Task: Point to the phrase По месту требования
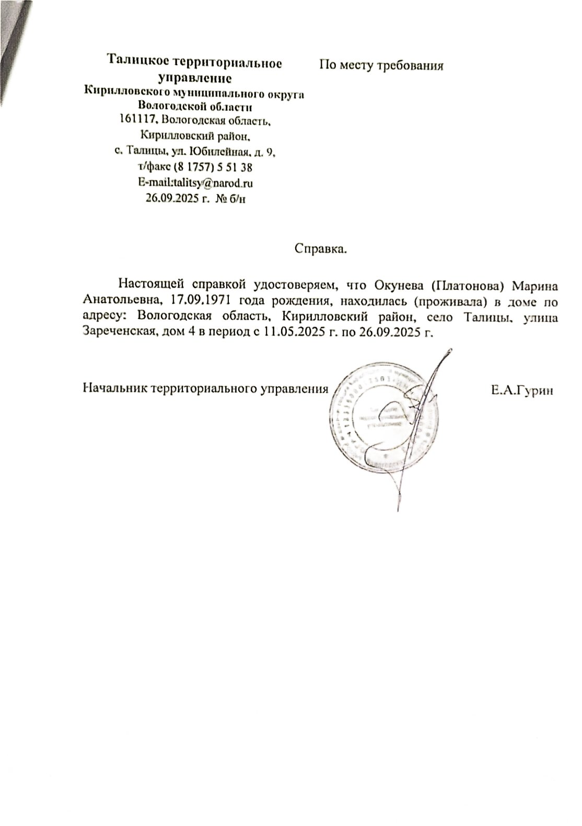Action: pos(381,66)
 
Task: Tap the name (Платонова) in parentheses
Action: pos(467,285)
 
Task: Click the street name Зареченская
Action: pos(118,332)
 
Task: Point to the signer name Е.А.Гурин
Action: pos(521,390)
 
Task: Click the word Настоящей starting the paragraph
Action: pos(150,285)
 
